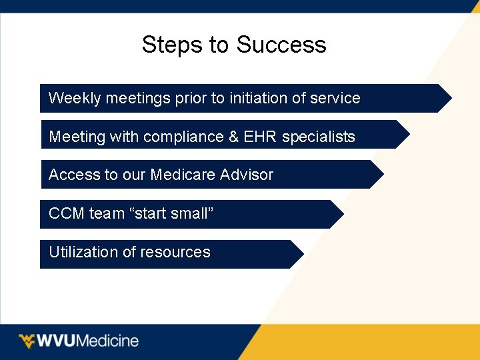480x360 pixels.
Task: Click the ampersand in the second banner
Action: click(233, 137)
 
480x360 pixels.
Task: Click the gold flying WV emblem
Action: click(27, 341)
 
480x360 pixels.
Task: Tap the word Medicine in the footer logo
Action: click(108, 341)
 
